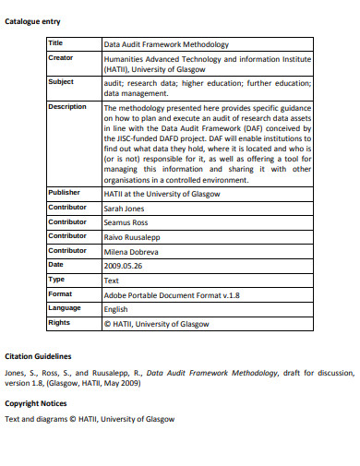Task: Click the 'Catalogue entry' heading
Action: [x=33, y=21]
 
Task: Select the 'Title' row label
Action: [x=56, y=42]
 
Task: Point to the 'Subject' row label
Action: [x=61, y=81]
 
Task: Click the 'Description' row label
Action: [x=66, y=106]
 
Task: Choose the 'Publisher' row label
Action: [x=65, y=192]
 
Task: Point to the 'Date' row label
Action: [x=56, y=264]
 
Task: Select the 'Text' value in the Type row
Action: [x=112, y=280]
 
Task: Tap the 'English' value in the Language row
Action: [x=116, y=308]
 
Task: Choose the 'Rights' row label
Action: [x=59, y=322]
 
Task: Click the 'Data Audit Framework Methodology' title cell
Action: [x=166, y=43]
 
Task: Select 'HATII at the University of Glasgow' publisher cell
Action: [x=161, y=193]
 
